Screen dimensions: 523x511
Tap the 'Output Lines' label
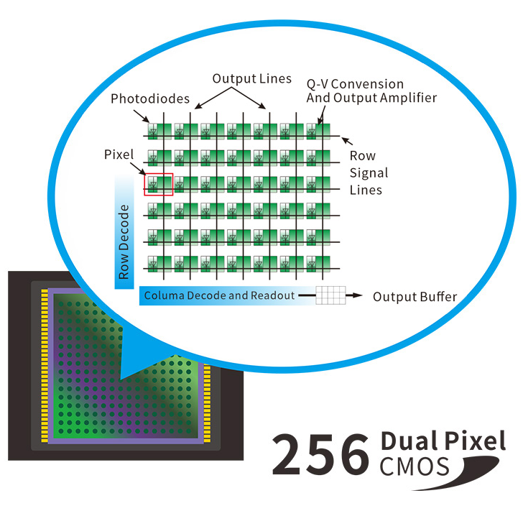pos(252,78)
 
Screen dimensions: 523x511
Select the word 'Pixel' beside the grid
pos(119,155)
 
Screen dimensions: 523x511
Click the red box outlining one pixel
pos(159,183)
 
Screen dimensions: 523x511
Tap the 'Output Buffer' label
pos(415,296)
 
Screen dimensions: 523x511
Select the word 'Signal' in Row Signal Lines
pos(369,173)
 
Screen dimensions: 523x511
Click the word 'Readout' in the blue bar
pos(271,295)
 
